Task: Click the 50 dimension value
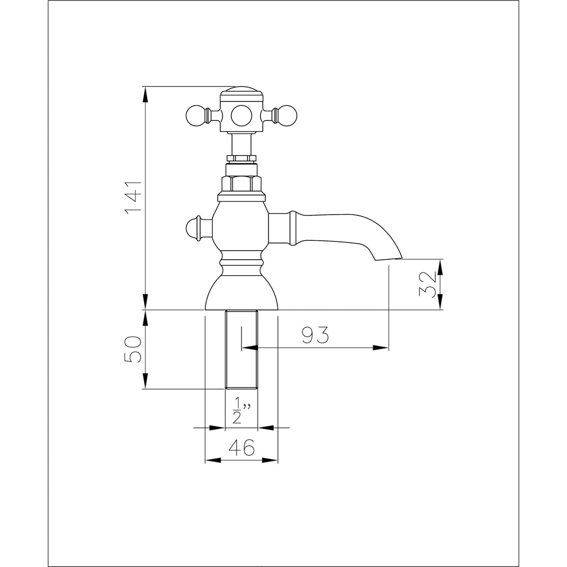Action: pyautogui.click(x=133, y=349)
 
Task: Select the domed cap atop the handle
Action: pyautogui.click(x=241, y=91)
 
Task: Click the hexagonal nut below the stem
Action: pyautogui.click(x=241, y=184)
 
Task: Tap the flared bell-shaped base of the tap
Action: pyautogui.click(x=241, y=291)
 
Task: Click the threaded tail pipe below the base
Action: pyautogui.click(x=241, y=349)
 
